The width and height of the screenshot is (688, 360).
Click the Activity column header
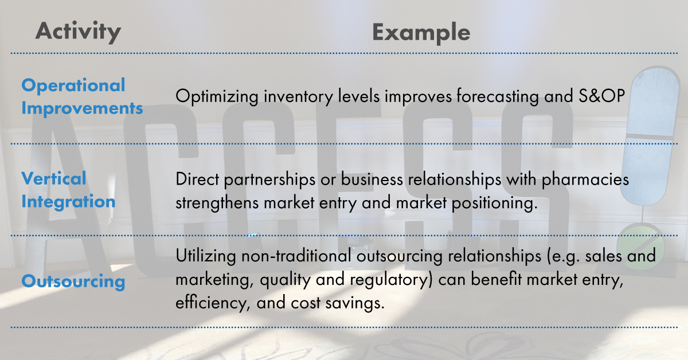pos(78,32)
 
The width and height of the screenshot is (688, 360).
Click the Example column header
pos(421,33)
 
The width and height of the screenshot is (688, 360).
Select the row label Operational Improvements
pos(82,96)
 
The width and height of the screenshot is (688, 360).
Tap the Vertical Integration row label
pos(68,190)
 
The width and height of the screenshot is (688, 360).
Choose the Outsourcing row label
pos(73,281)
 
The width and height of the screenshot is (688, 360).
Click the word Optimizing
pos(217,97)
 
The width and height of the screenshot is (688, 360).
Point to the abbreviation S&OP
pos(601,96)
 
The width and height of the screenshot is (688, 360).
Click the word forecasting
pos(498,96)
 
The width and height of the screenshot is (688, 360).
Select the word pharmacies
pos(585,179)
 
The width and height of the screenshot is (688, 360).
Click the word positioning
pos(494,204)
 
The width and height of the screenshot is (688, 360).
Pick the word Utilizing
pos(206,256)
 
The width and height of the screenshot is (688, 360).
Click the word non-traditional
pos(296,256)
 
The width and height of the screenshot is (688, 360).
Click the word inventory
pos(298,97)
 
